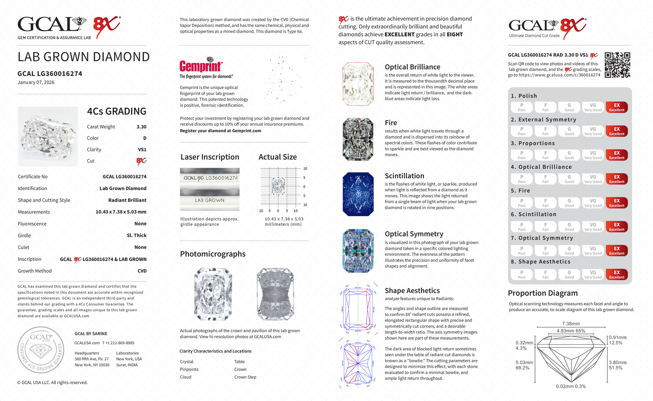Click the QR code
[617, 65]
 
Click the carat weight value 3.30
[141, 127]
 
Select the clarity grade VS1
[142, 150]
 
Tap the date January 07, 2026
[36, 82]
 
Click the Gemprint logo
[201, 66]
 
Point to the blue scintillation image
[358, 194]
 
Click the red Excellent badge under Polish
[616, 107]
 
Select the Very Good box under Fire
[593, 203]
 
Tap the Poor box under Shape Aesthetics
[522, 274]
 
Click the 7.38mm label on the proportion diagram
[571, 324]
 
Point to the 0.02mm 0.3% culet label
[571, 386]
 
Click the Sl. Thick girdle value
[137, 236]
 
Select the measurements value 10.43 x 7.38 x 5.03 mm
[121, 212]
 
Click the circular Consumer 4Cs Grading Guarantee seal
[41, 350]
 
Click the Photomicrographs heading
[213, 254]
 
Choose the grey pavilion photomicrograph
[275, 294]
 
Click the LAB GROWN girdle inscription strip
[210, 200]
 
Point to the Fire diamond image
[358, 139]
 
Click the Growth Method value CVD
[142, 271]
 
